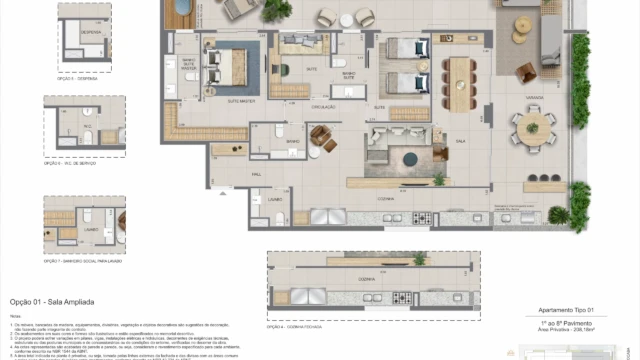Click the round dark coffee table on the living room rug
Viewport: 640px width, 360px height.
tap(409, 158)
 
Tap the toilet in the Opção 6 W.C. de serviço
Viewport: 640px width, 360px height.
tap(88, 136)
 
